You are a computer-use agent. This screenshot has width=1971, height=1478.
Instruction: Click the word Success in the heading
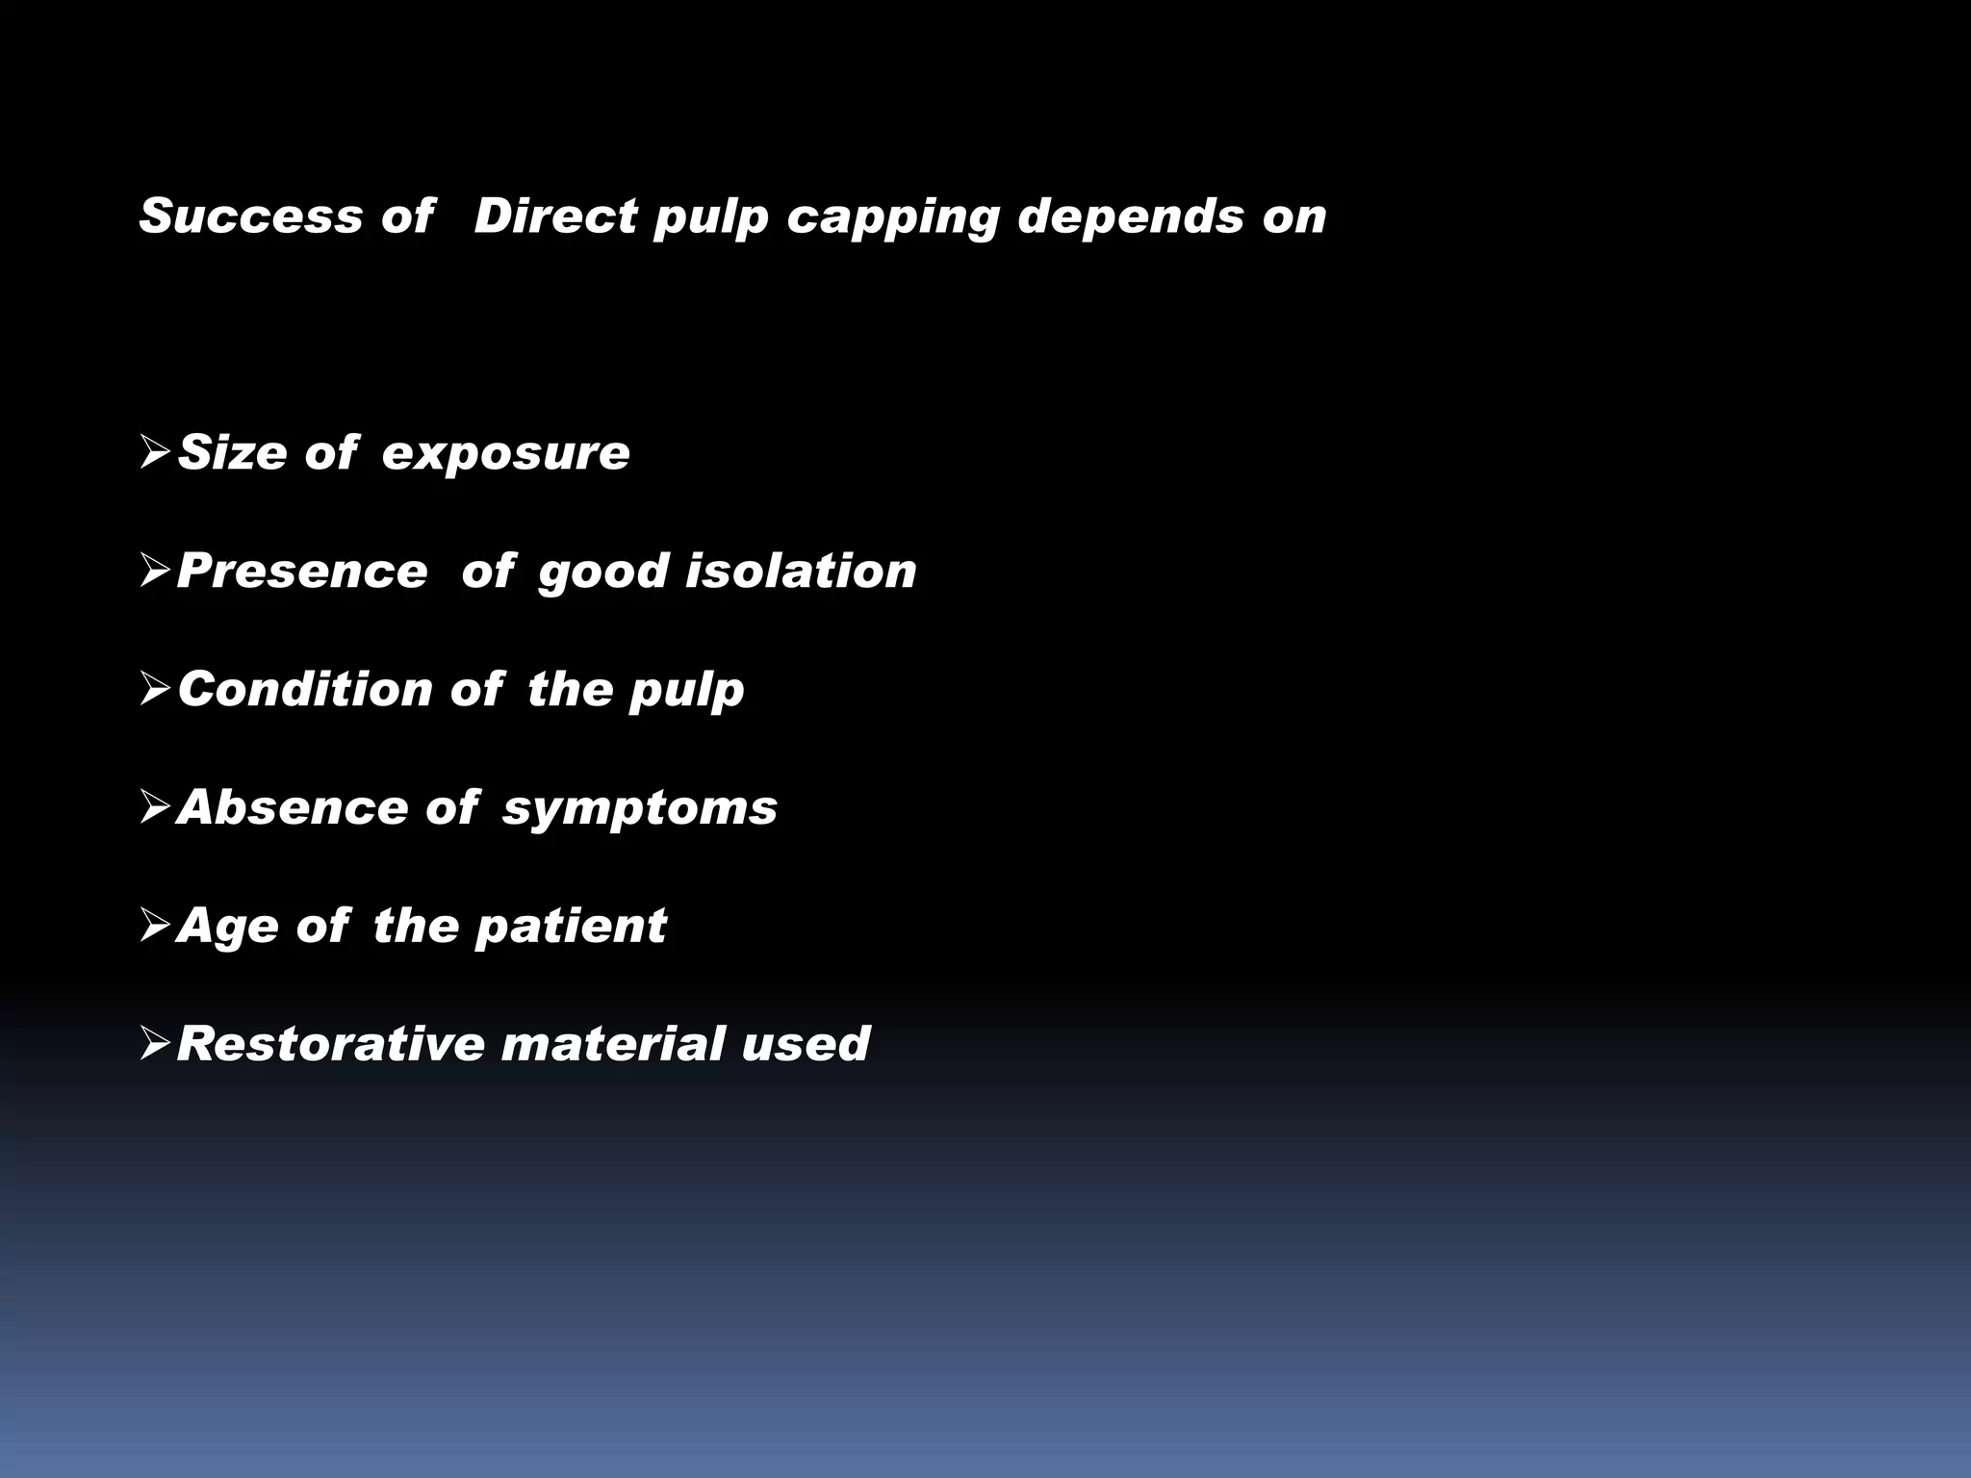tap(250, 216)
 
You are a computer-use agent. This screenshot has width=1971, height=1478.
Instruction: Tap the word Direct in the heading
tap(555, 216)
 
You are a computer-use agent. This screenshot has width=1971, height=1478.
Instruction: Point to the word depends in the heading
tap(1131, 217)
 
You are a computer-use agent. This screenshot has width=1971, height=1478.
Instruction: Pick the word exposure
tap(505, 454)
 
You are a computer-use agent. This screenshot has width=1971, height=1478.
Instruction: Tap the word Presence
tap(302, 571)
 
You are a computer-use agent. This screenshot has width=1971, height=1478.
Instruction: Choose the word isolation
tap(801, 571)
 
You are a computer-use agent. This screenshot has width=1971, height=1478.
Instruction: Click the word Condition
tap(305, 689)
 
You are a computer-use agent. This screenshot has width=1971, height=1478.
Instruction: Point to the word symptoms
tap(640, 808)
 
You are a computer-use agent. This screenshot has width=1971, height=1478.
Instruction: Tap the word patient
tap(571, 926)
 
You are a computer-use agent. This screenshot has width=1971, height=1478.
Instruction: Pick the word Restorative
tap(330, 1043)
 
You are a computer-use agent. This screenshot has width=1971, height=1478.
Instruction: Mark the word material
tap(612, 1043)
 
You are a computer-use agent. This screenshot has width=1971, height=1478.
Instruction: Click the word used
tap(806, 1043)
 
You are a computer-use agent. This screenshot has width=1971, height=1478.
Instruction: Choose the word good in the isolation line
tap(602, 573)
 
